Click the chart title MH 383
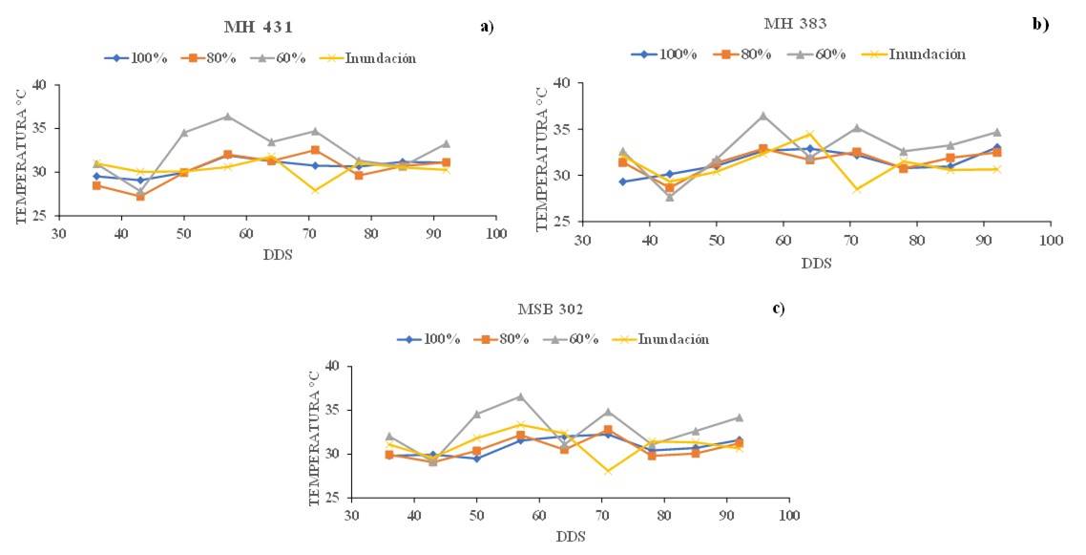[796, 22]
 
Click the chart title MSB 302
[547, 310]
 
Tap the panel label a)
[488, 26]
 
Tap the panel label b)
[1040, 23]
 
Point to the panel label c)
[779, 308]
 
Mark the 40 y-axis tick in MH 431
[39, 85]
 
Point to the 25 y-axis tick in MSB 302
[331, 498]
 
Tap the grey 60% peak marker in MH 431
[227, 117]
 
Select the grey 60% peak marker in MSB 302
[520, 396]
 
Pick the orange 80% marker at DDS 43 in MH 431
[140, 196]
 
